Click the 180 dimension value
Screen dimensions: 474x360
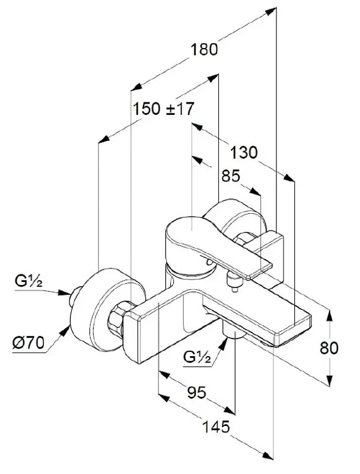point(205,49)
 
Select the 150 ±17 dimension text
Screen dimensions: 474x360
point(164,109)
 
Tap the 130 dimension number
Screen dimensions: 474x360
point(244,153)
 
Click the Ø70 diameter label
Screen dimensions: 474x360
point(27,342)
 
